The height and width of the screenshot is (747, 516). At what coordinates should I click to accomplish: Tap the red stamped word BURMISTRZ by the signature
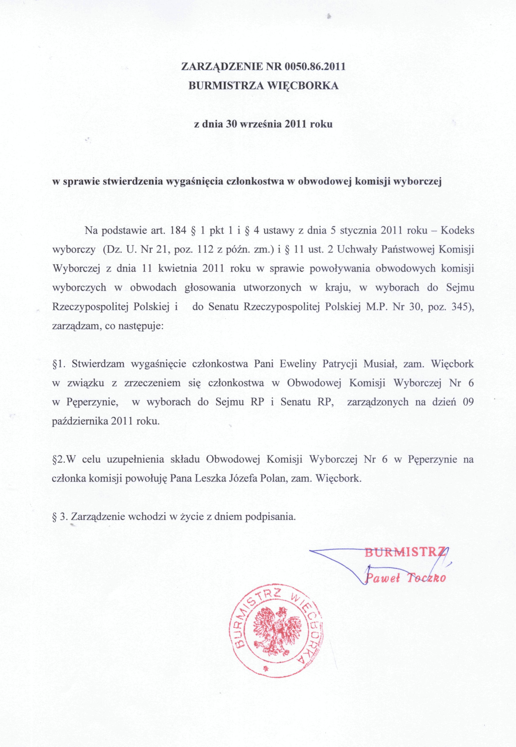pos(405,553)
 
